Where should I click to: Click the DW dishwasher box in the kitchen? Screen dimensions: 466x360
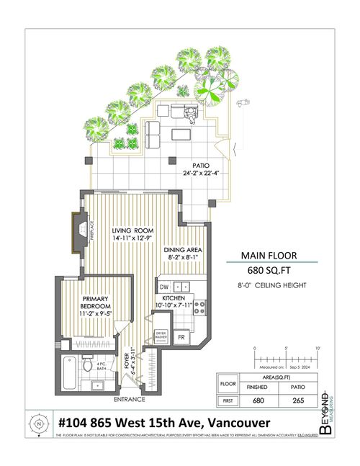(163, 286)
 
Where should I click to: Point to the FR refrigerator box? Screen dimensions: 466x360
(181, 336)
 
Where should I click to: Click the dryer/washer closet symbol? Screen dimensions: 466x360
(162, 336)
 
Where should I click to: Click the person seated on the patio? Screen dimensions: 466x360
(189, 114)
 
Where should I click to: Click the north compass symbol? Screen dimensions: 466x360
(37, 424)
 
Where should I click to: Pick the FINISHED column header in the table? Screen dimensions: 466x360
(258, 387)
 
